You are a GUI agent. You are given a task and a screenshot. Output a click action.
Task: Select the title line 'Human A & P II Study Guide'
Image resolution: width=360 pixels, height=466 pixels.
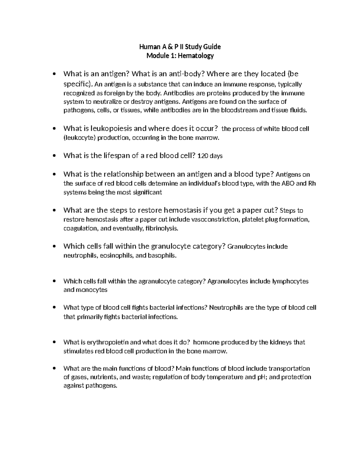click(x=180, y=47)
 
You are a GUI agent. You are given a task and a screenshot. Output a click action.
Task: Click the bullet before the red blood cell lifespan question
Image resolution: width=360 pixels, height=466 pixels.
click(x=54, y=156)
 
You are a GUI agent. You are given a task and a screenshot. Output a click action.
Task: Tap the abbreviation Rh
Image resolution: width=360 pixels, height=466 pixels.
click(x=312, y=183)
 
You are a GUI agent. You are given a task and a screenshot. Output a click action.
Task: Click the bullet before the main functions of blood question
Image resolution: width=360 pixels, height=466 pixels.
click(x=54, y=368)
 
